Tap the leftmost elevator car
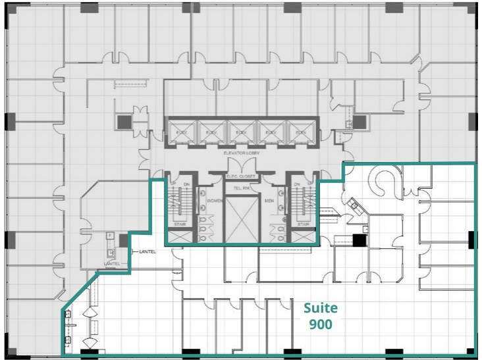click(178, 132)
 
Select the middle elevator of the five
click(240, 132)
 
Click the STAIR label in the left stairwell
click(180, 224)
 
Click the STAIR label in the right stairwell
click(302, 224)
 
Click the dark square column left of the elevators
click(124, 122)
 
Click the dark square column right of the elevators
click(359, 122)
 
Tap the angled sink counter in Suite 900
click(355, 205)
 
